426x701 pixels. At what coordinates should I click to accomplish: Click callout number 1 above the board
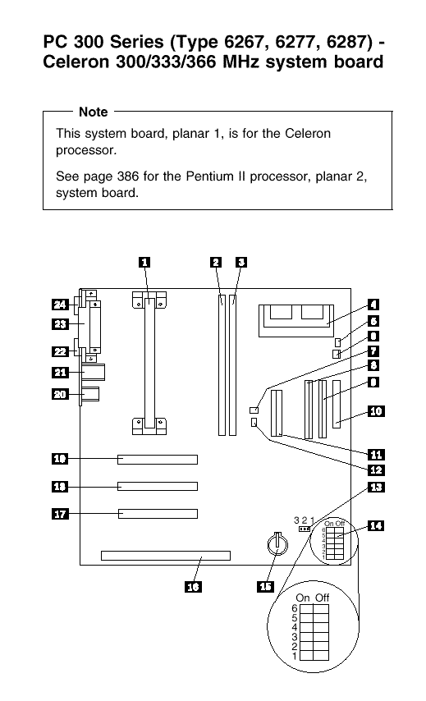click(x=144, y=263)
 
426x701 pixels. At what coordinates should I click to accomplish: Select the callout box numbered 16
click(x=193, y=587)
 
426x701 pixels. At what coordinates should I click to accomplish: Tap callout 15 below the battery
click(x=265, y=587)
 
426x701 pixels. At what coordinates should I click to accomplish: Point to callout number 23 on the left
click(x=60, y=323)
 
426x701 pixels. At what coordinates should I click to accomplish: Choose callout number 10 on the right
click(x=376, y=411)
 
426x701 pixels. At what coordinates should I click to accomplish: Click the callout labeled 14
click(x=376, y=525)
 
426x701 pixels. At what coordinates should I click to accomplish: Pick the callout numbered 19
click(x=60, y=458)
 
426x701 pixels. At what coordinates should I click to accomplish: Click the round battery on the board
click(x=277, y=543)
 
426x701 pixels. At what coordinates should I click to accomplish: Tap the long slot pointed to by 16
click(x=166, y=556)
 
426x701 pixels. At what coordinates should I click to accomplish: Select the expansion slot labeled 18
click(x=158, y=487)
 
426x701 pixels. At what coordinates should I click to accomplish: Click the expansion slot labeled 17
click(x=158, y=514)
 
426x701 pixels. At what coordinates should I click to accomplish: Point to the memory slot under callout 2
click(x=222, y=364)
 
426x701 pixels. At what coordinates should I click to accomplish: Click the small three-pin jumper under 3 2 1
click(x=305, y=529)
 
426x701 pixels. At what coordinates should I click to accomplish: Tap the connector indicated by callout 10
click(x=337, y=404)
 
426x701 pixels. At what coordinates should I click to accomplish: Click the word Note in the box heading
click(x=93, y=112)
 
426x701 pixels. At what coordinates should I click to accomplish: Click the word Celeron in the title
click(x=76, y=62)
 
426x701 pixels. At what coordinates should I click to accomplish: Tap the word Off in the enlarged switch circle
click(x=322, y=598)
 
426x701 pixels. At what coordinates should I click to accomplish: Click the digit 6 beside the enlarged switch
click(x=294, y=608)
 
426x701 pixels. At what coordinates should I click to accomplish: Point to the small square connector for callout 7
click(x=254, y=410)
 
